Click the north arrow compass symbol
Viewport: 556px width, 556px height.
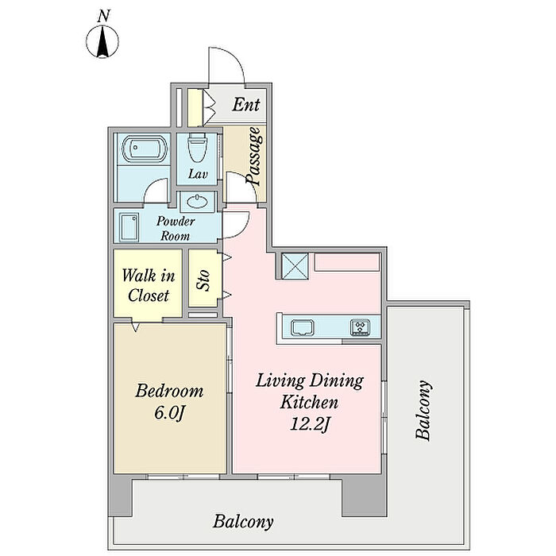(x=102, y=41)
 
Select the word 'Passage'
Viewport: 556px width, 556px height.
(x=254, y=156)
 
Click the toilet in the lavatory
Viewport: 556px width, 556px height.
(x=196, y=148)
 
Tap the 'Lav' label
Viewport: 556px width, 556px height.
(x=198, y=174)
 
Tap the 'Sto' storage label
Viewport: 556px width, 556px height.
(x=203, y=280)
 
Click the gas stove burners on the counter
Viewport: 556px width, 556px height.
(x=360, y=326)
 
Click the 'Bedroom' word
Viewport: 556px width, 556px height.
(x=168, y=391)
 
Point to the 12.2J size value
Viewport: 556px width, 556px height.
(x=310, y=424)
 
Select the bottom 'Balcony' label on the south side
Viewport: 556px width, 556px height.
(x=243, y=522)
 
